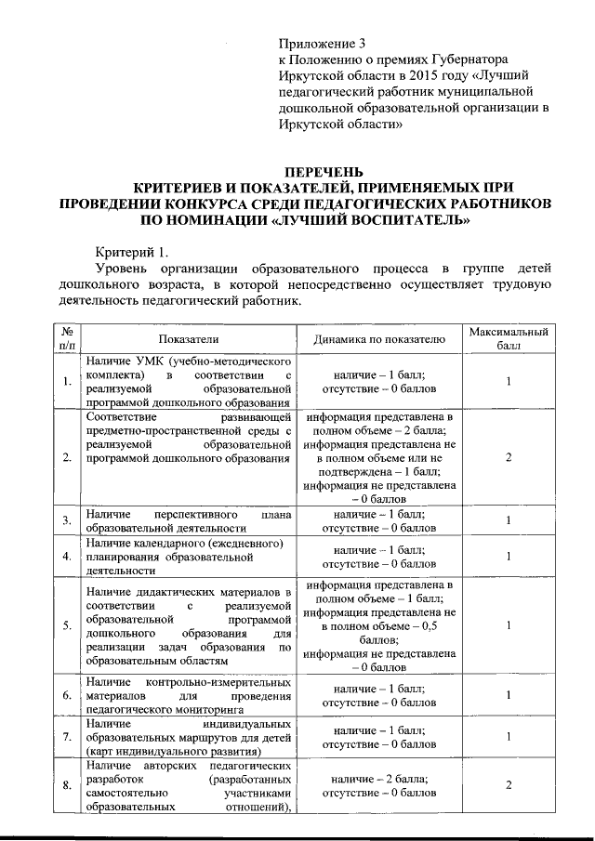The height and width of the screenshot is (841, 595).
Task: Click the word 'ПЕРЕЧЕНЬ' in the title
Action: pyautogui.click(x=324, y=172)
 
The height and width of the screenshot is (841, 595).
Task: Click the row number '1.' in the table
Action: pyautogui.click(x=67, y=381)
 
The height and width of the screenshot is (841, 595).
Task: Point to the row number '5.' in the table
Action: pyautogui.click(x=67, y=625)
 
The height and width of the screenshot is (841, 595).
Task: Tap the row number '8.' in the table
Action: pyautogui.click(x=67, y=786)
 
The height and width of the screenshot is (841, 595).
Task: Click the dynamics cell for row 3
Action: pyautogui.click(x=379, y=520)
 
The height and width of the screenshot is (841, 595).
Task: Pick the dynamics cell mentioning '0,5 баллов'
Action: pyautogui.click(x=379, y=625)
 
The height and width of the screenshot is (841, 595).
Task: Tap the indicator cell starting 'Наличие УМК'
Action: pyautogui.click(x=188, y=381)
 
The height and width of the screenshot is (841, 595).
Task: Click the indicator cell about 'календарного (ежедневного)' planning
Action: pyautogui.click(x=188, y=557)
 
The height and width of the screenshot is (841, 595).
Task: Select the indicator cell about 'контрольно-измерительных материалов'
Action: pyautogui.click(x=188, y=694)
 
